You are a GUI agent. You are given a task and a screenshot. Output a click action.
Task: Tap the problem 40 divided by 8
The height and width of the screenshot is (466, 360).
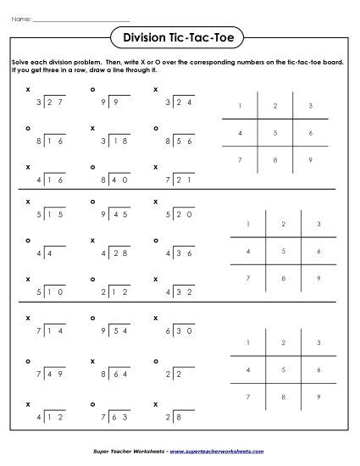click(108, 180)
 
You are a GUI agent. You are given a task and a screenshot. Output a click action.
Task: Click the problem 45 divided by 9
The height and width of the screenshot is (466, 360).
click(108, 216)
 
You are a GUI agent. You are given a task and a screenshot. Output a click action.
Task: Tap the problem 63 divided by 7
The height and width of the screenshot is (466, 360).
click(108, 407)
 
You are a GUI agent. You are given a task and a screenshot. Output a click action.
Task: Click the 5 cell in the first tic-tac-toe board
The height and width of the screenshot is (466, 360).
click(274, 133)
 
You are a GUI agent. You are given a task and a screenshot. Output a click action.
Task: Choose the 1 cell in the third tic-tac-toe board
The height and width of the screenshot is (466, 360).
click(247, 342)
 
